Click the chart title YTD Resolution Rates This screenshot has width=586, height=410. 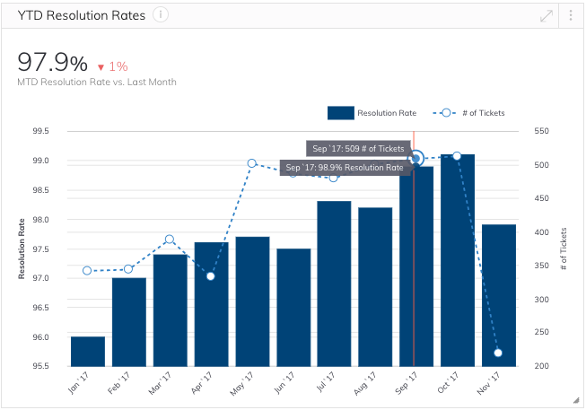click(81, 15)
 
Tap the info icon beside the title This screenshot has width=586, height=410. click(161, 14)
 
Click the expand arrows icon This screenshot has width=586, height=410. click(546, 15)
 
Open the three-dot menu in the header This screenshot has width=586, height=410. click(571, 15)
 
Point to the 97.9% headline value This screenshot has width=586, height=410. click(53, 63)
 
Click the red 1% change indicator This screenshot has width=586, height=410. click(113, 65)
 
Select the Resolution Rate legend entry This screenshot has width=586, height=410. click(372, 113)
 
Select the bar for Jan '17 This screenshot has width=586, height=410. click(88, 351)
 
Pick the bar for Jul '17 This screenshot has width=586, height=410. click(334, 283)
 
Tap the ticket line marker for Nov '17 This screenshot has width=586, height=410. click(498, 353)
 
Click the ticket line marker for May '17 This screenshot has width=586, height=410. click(252, 163)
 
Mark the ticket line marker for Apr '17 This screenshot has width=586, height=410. click(211, 275)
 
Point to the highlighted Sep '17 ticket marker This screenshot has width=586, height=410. click(415, 159)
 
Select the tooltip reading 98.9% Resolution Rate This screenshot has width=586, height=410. click(345, 168)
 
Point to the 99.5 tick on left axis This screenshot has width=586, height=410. click(41, 131)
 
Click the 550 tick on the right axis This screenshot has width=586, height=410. click(540, 131)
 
